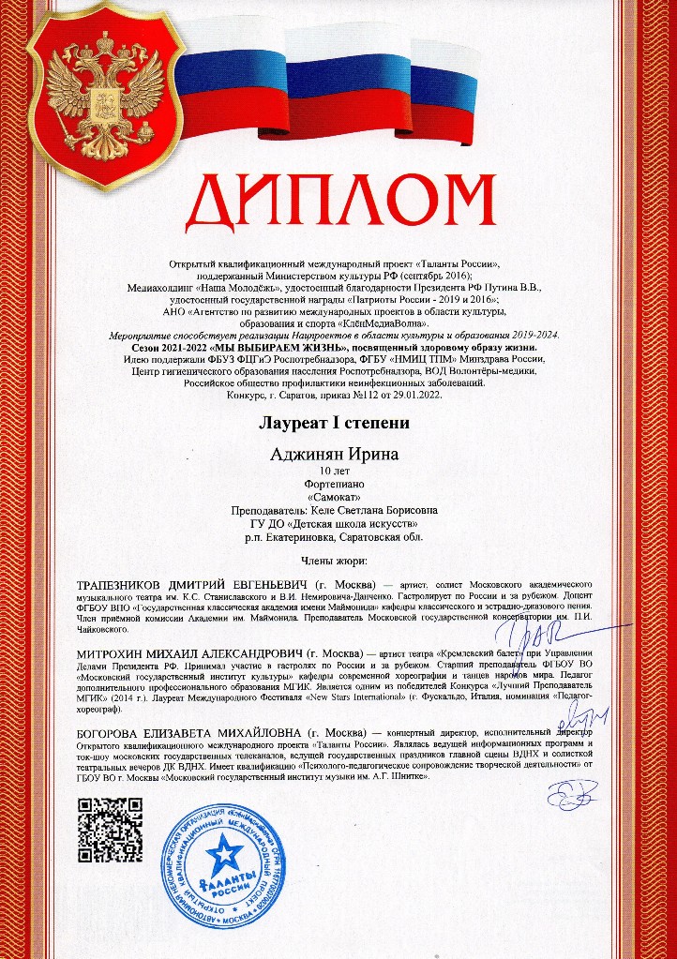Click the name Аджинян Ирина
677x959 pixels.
coord(334,455)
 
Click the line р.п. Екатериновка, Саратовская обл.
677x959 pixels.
coord(334,537)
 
